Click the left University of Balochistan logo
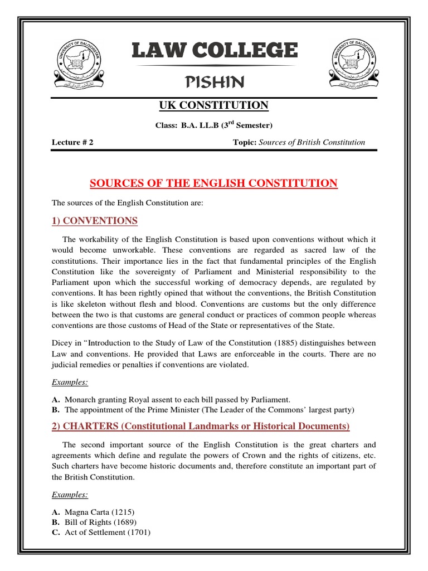coord(79,62)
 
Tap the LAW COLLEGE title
coord(215,51)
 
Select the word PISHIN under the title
coord(215,83)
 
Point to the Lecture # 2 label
coord(72,142)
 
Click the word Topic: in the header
coord(245,142)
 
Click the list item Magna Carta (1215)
coord(100,511)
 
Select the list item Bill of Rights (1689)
coord(100,522)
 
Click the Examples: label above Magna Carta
coord(70,495)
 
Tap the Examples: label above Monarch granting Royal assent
coord(70,383)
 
